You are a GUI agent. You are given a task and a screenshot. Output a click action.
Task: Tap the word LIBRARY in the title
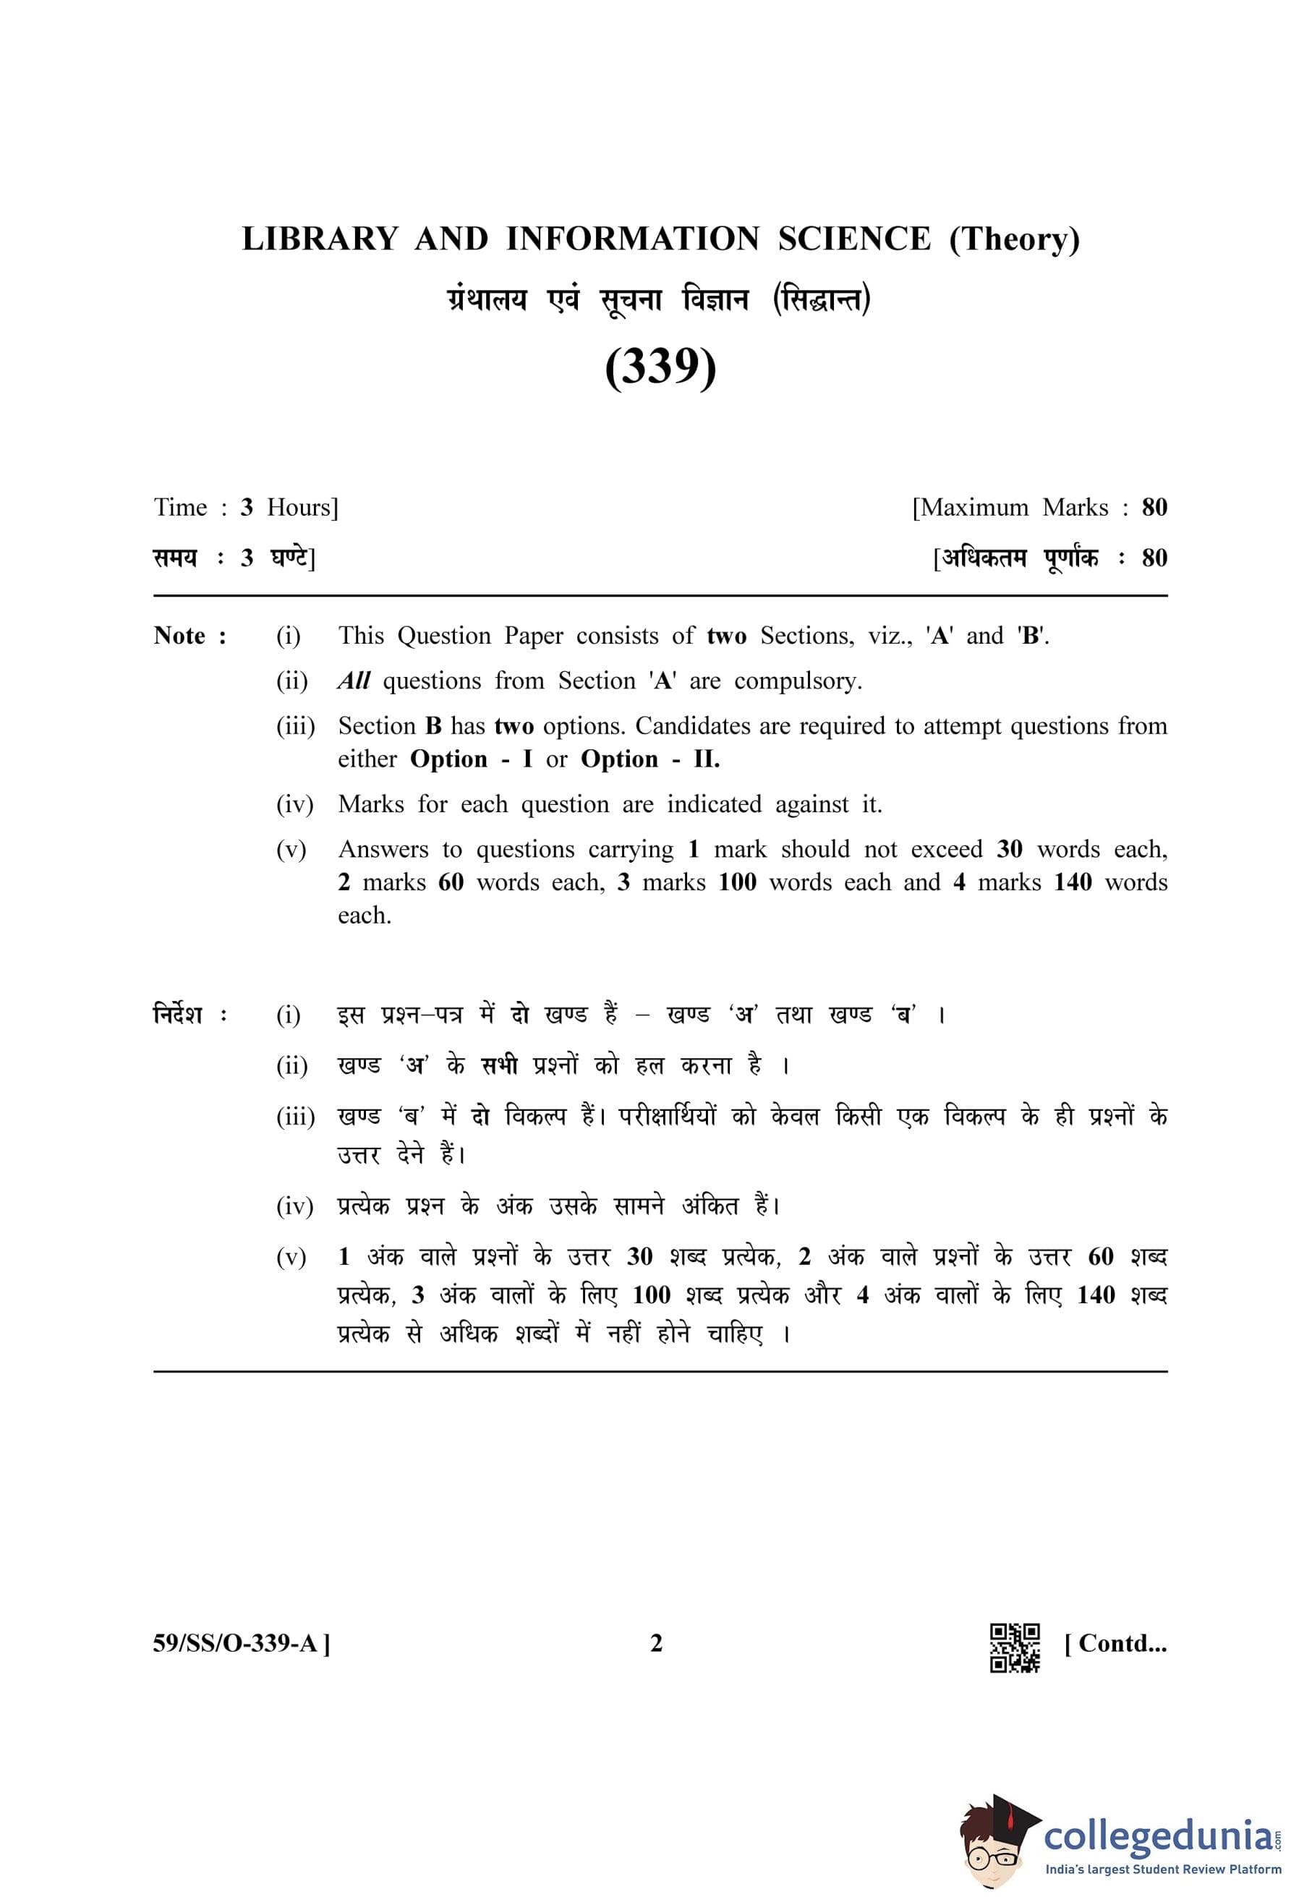pyautogui.click(x=320, y=239)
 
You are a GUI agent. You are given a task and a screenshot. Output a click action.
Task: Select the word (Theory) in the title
pyautogui.click(x=1014, y=239)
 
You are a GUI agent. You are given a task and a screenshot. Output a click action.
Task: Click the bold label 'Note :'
pyautogui.click(x=190, y=636)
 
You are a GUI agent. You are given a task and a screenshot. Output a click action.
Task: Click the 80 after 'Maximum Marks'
pyautogui.click(x=1155, y=508)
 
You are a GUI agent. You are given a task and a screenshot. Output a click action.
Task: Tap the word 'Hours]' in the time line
pyautogui.click(x=302, y=508)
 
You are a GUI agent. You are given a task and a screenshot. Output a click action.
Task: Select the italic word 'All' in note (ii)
pyautogui.click(x=354, y=681)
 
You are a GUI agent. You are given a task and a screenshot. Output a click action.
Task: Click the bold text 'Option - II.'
pyautogui.click(x=650, y=759)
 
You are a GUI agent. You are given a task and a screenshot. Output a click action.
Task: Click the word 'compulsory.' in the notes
pyautogui.click(x=797, y=681)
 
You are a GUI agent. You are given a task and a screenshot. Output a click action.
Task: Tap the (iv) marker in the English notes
pyautogui.click(x=294, y=805)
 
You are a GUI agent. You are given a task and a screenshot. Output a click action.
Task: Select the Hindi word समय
pyautogui.click(x=174, y=558)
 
